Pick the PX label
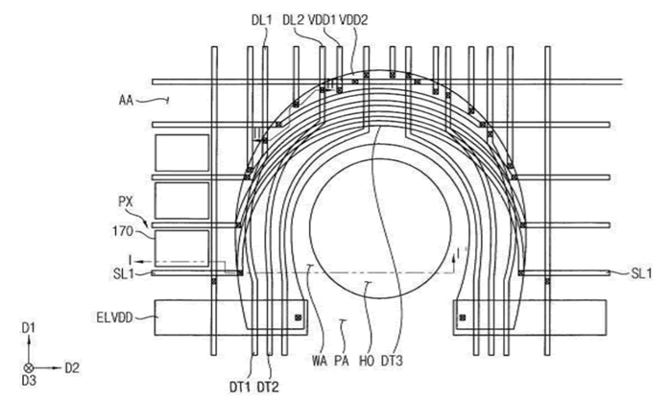click(126, 203)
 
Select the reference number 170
click(127, 228)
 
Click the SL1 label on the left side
click(125, 273)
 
